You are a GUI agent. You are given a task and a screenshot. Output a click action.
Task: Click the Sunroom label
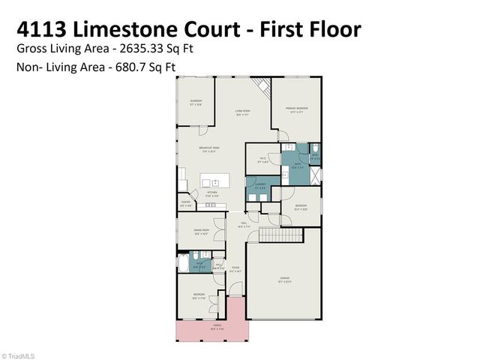[x=196, y=101]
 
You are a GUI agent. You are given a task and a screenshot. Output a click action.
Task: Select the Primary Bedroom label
[x=297, y=110]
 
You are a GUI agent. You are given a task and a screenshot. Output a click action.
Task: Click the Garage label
[x=284, y=281]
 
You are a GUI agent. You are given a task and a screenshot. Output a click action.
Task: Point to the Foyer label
[x=235, y=268]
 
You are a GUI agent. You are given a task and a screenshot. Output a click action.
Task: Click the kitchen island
[x=211, y=182]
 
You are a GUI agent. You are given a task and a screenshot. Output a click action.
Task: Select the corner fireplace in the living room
[x=263, y=88]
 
